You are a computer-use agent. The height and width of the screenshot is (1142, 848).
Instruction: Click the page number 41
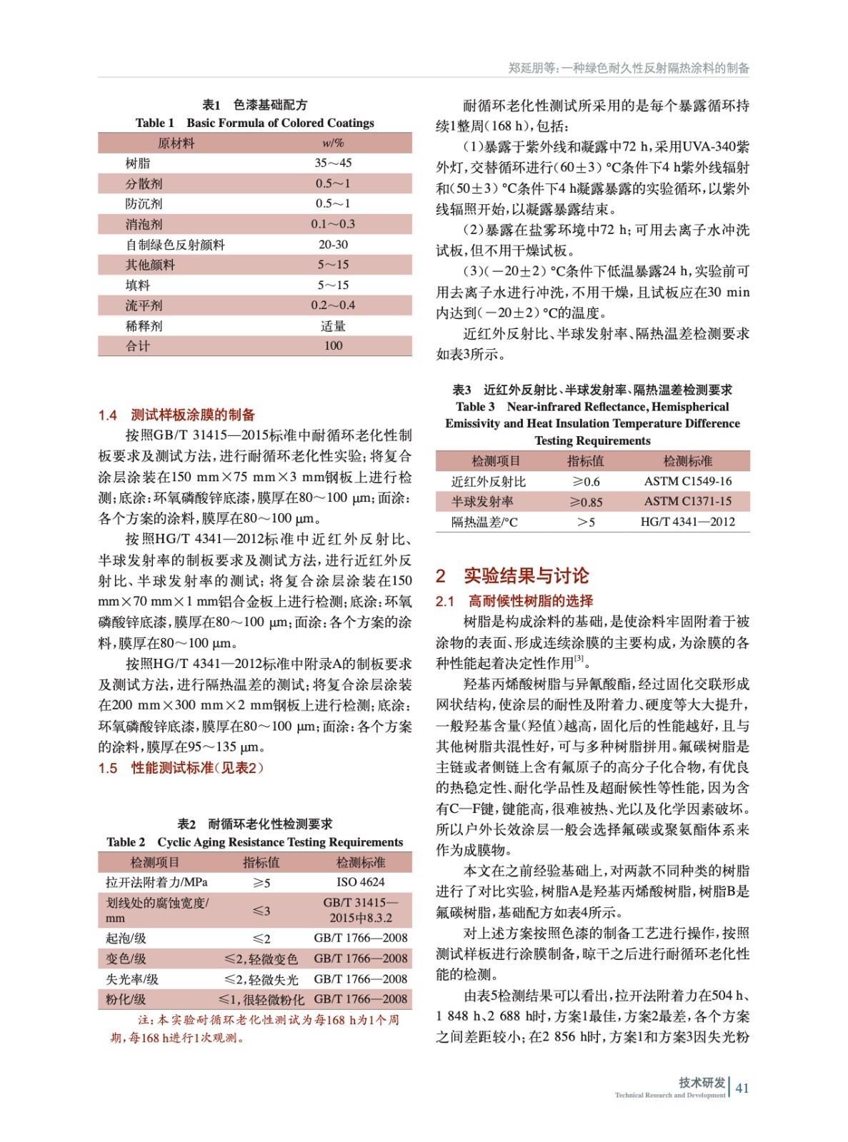742,1088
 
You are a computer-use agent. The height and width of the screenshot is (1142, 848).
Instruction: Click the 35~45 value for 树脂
333,163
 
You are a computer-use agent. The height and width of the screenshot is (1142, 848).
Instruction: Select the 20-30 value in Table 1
333,244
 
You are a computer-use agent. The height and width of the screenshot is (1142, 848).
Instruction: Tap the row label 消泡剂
144,224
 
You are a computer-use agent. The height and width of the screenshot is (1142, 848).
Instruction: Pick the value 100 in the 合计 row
333,345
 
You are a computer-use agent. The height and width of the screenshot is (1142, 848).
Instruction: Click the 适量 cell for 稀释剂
333,325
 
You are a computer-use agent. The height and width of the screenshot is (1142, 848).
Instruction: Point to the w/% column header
333,143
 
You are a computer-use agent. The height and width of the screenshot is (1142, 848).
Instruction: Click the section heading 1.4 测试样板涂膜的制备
176,415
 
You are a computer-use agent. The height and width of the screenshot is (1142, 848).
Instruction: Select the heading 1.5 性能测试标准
181,768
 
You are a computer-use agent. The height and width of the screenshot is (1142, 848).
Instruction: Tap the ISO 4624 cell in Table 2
361,882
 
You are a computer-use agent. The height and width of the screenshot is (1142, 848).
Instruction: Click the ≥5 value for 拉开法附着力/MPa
261,883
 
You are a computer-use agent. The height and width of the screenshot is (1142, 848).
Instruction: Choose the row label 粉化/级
126,999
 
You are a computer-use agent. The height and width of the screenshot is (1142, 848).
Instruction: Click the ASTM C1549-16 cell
687,481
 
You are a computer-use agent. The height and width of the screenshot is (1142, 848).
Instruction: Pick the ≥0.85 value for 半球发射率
586,502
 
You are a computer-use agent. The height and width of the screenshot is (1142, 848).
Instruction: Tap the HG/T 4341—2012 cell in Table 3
687,522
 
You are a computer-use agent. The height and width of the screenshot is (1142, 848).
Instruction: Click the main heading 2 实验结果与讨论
512,576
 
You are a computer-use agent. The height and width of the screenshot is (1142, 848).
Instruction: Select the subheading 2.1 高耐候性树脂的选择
514,601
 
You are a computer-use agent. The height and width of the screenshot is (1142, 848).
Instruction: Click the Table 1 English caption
255,123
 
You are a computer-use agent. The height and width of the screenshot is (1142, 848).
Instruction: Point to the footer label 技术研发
702,1082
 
